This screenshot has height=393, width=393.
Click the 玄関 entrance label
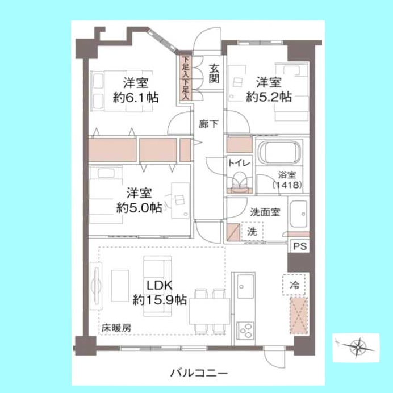(x=214, y=74)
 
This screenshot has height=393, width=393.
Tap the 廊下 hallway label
(x=208, y=124)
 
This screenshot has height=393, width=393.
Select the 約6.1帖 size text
(x=136, y=97)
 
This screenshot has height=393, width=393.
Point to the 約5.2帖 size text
(x=269, y=97)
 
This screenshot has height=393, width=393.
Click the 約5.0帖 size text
(x=139, y=208)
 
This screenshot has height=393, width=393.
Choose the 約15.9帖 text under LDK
(x=160, y=299)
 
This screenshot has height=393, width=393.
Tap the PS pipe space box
(x=300, y=246)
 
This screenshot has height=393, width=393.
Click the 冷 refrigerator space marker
(x=294, y=285)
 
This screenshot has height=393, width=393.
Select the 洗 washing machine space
(x=252, y=231)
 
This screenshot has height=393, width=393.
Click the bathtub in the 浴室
(x=279, y=152)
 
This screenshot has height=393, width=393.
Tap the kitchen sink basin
(x=245, y=286)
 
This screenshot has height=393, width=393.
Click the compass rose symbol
(x=357, y=348)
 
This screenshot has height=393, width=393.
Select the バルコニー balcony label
(x=199, y=373)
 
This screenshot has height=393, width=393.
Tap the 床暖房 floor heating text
(x=116, y=328)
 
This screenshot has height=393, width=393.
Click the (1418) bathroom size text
(x=287, y=185)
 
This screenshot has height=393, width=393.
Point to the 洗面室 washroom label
(x=265, y=212)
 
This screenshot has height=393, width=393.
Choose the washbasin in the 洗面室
(x=298, y=214)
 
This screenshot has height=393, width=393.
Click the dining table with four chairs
(x=210, y=311)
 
